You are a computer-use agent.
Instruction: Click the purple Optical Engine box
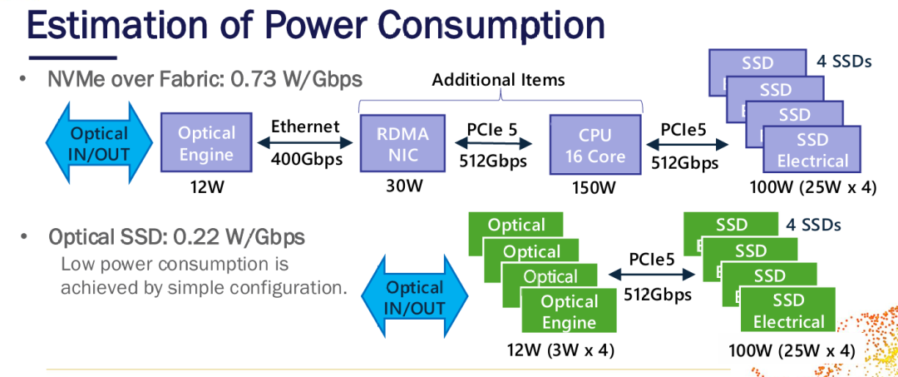pos(206,142)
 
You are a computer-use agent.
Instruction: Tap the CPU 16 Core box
pos(595,144)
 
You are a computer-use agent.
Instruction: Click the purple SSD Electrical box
pos(812,149)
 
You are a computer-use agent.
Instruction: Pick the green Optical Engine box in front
pos(570,311)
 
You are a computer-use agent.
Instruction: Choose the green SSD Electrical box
pos(788,310)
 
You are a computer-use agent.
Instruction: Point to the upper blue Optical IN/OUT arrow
pos(99,141)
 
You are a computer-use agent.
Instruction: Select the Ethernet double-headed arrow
pos(306,141)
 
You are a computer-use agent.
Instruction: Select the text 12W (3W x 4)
pos(560,349)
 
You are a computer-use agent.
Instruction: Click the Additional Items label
pos(498,80)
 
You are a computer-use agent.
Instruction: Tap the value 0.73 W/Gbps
pos(296,79)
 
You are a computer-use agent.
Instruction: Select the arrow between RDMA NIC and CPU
pos(492,143)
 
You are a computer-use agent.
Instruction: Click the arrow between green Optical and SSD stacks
pos(653,275)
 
